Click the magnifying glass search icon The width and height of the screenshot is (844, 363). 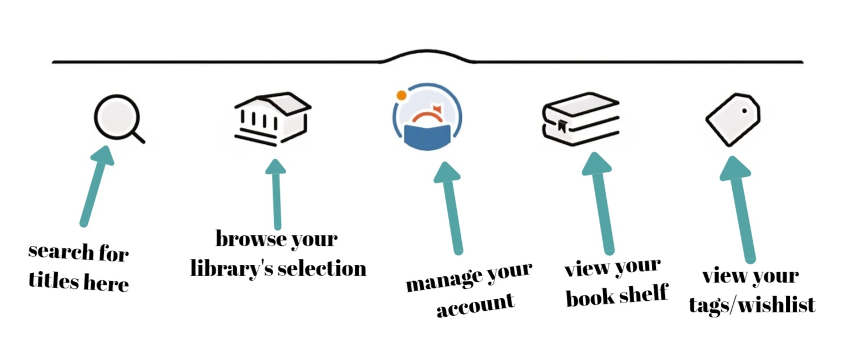[117, 118]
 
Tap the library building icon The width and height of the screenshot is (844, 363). [272, 119]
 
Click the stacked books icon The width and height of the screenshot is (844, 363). [581, 119]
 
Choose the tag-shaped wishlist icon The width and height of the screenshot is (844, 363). [733, 119]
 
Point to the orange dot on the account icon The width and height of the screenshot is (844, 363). [401, 95]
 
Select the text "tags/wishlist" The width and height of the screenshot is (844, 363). [752, 305]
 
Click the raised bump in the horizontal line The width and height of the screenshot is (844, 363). [427, 54]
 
